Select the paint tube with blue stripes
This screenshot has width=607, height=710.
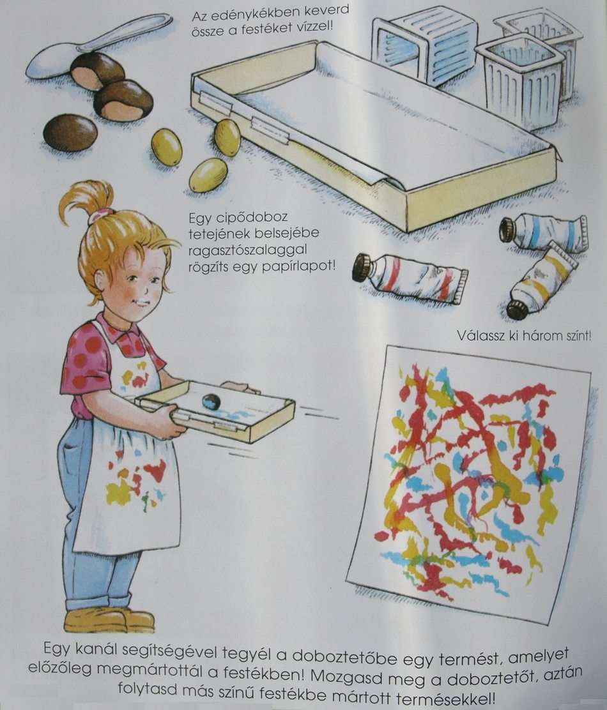pos(544,232)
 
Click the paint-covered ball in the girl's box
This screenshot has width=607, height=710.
pos(211,402)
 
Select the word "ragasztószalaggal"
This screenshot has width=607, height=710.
pos(247,250)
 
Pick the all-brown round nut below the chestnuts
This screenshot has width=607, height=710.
pos(70,133)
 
